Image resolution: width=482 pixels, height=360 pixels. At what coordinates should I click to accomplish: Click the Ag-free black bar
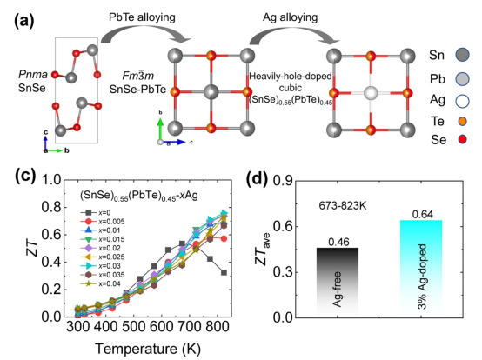(x=338, y=281)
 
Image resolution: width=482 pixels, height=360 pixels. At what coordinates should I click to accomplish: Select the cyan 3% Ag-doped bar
(x=421, y=267)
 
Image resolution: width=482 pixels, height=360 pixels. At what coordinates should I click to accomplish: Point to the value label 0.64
(x=423, y=215)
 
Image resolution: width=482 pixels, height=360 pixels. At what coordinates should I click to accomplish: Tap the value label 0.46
(x=338, y=242)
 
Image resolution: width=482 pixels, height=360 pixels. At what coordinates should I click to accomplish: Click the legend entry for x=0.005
(x=103, y=222)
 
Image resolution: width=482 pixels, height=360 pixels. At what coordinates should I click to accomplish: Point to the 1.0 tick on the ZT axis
(x=51, y=179)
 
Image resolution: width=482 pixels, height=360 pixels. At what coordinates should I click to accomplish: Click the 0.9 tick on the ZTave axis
(x=283, y=181)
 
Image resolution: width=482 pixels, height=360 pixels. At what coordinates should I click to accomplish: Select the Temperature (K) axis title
(x=148, y=349)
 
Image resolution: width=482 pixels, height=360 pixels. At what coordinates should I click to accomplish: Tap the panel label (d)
(x=258, y=178)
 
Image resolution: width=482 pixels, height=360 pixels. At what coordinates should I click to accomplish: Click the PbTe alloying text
(x=142, y=17)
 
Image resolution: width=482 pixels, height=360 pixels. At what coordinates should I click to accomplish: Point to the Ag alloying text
(x=291, y=17)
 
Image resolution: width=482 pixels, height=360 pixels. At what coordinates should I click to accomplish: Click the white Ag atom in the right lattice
(x=371, y=93)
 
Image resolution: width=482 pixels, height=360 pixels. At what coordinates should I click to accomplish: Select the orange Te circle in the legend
(x=462, y=122)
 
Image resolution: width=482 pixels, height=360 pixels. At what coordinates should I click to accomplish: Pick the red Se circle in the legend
(x=462, y=140)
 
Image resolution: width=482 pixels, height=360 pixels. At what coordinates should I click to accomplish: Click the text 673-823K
(x=343, y=205)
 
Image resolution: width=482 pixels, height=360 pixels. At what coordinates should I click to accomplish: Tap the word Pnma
(x=33, y=74)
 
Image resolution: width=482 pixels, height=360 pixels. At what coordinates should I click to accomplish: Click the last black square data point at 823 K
(x=224, y=272)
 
